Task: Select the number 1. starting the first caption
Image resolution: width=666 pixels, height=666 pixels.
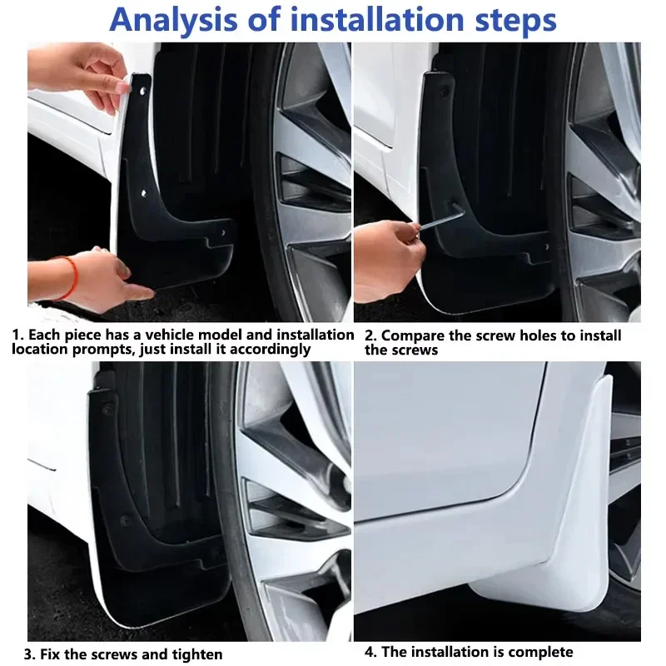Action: point(17,335)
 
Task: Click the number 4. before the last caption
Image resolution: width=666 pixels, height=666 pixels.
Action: point(371,652)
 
